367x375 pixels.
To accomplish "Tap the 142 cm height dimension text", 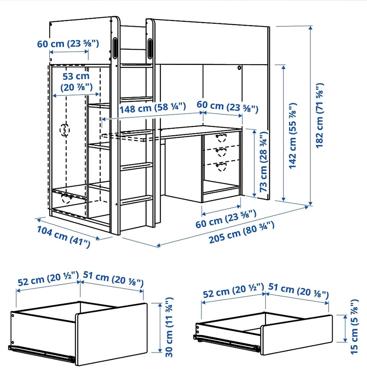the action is (x=293, y=136).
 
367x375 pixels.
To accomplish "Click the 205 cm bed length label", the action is (x=242, y=233).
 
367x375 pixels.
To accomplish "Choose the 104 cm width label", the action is (x=63, y=236).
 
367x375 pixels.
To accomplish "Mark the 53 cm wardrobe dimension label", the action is (x=76, y=82).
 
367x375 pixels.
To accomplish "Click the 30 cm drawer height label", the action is (x=169, y=327).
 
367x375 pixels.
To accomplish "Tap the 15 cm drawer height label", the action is (x=354, y=327).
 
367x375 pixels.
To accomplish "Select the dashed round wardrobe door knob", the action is (x=65, y=130).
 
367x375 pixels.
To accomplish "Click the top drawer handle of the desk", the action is (x=221, y=138).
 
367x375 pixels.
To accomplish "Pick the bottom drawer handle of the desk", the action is (x=221, y=167).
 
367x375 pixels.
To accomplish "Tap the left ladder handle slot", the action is (x=115, y=48).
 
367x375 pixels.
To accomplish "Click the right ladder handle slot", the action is (x=150, y=48).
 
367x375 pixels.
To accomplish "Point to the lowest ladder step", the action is (x=136, y=200).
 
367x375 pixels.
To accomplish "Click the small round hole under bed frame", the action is (x=239, y=68).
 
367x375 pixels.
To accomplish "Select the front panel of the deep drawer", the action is (x=112, y=334).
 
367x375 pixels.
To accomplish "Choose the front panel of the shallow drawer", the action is (x=296, y=335).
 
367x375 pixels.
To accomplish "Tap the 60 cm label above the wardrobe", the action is (x=68, y=44).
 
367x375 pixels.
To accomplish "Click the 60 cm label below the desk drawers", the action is (x=226, y=219).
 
